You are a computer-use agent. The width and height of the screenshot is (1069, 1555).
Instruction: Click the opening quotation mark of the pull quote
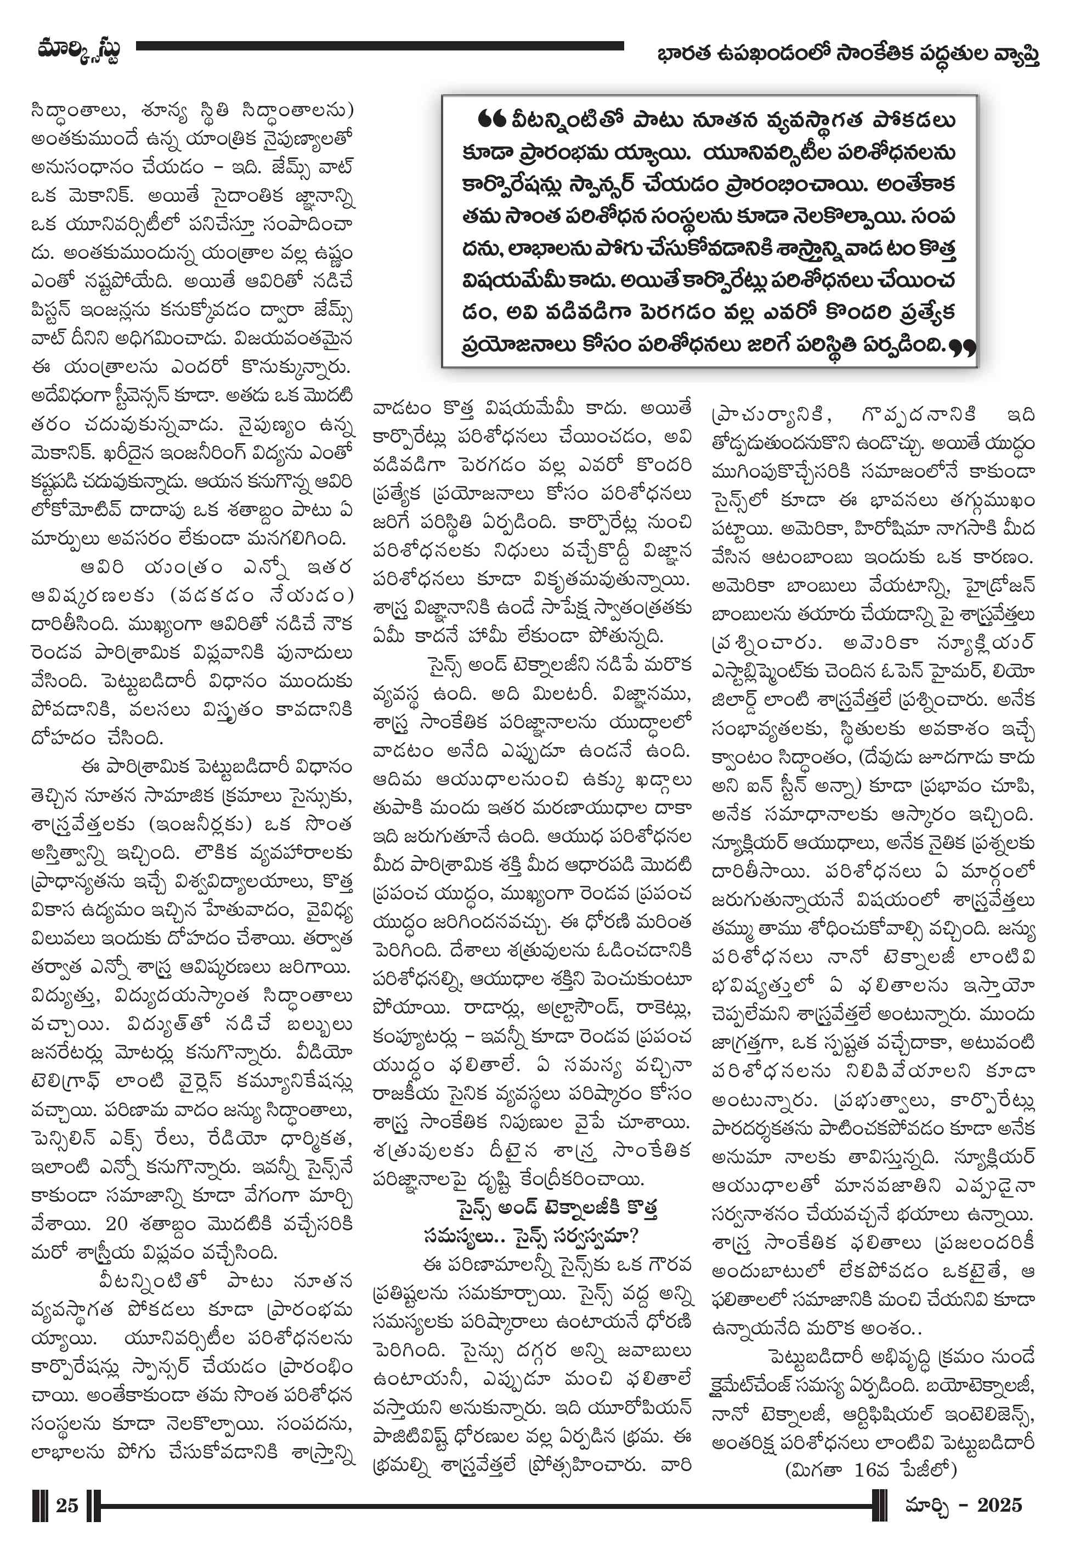tap(491, 119)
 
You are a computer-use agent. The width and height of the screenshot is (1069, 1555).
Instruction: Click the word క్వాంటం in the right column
tap(742, 757)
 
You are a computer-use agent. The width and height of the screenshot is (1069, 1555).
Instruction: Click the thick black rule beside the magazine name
tap(379, 46)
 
